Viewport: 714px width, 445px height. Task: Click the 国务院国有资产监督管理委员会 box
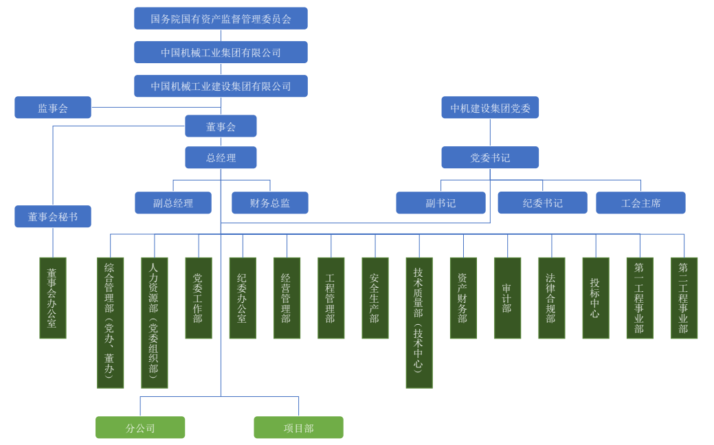(x=221, y=19)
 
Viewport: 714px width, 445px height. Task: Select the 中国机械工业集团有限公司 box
(x=221, y=52)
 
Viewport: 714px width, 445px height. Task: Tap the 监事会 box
(x=53, y=107)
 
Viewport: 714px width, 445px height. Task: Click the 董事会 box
(x=221, y=126)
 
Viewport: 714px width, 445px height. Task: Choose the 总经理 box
(x=221, y=158)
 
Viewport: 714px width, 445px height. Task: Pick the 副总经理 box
(x=173, y=203)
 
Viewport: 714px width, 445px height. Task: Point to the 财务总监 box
(x=269, y=203)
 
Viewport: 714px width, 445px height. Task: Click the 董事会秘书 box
(x=53, y=216)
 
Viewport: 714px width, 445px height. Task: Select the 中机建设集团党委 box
(x=490, y=108)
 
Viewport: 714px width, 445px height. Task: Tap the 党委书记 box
(x=490, y=157)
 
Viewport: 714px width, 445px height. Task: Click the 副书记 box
(x=440, y=203)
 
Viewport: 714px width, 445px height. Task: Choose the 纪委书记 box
(x=542, y=203)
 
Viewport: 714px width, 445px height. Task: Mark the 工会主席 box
(x=640, y=203)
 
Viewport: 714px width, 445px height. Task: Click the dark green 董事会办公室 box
(x=53, y=298)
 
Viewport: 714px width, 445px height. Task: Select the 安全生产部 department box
(x=375, y=298)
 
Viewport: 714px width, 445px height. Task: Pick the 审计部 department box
(x=507, y=298)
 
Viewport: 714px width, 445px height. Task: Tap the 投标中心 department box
(x=595, y=298)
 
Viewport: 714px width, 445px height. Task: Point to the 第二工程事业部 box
(x=684, y=298)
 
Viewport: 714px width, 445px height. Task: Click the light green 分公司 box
(x=140, y=427)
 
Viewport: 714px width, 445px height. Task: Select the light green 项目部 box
(x=298, y=427)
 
